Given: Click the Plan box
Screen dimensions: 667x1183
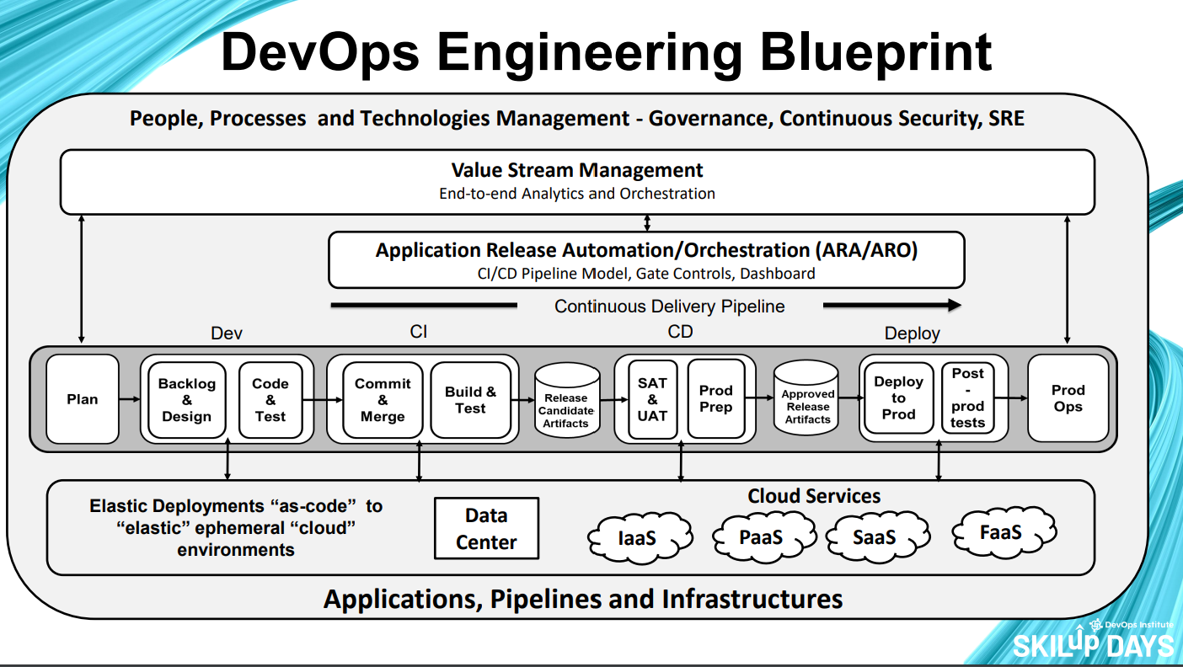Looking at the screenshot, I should (83, 399).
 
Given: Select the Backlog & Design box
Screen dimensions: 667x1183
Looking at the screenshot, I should (187, 400).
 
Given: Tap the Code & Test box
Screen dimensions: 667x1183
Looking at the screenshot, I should (270, 400).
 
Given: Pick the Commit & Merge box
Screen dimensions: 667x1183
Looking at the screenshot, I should (383, 400).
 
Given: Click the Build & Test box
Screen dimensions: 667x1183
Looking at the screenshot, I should (470, 400).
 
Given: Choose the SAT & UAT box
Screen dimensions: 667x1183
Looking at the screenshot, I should (652, 399).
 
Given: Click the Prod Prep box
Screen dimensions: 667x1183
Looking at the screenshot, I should (716, 399).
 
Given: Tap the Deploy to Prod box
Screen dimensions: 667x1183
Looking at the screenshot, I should (899, 398).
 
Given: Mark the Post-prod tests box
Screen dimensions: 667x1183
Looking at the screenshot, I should (968, 398).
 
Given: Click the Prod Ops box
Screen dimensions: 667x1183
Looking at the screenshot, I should (1068, 398).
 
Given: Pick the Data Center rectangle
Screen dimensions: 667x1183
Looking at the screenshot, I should (486, 529).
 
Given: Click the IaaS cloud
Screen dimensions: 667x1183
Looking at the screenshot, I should (637, 536).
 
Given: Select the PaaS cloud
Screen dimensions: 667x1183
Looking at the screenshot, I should (762, 536).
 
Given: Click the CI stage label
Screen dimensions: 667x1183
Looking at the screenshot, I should (419, 332).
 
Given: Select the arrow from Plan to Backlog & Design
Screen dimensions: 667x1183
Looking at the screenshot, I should (129, 399).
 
